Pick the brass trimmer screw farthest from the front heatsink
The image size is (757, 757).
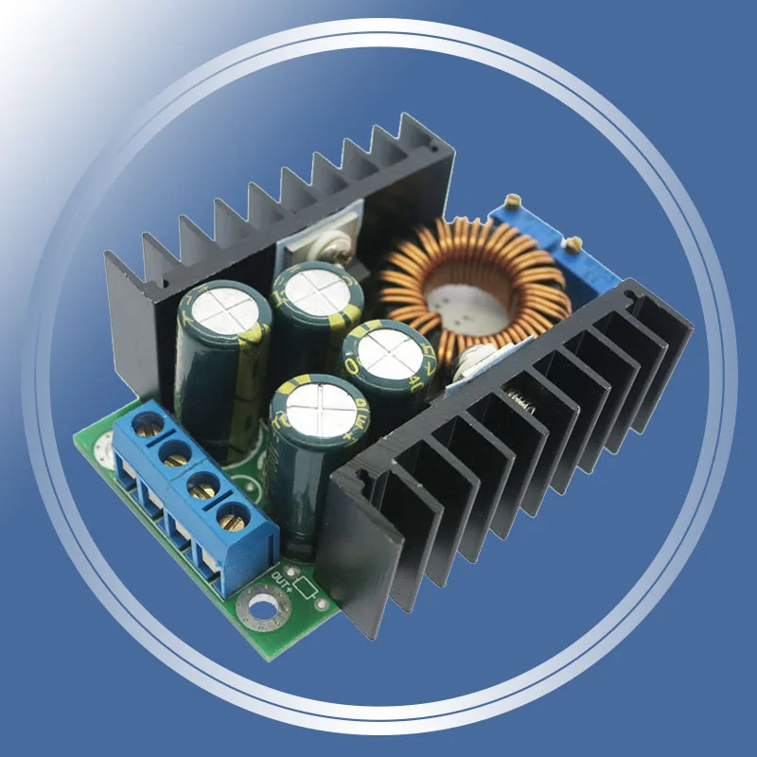tap(514, 200)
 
